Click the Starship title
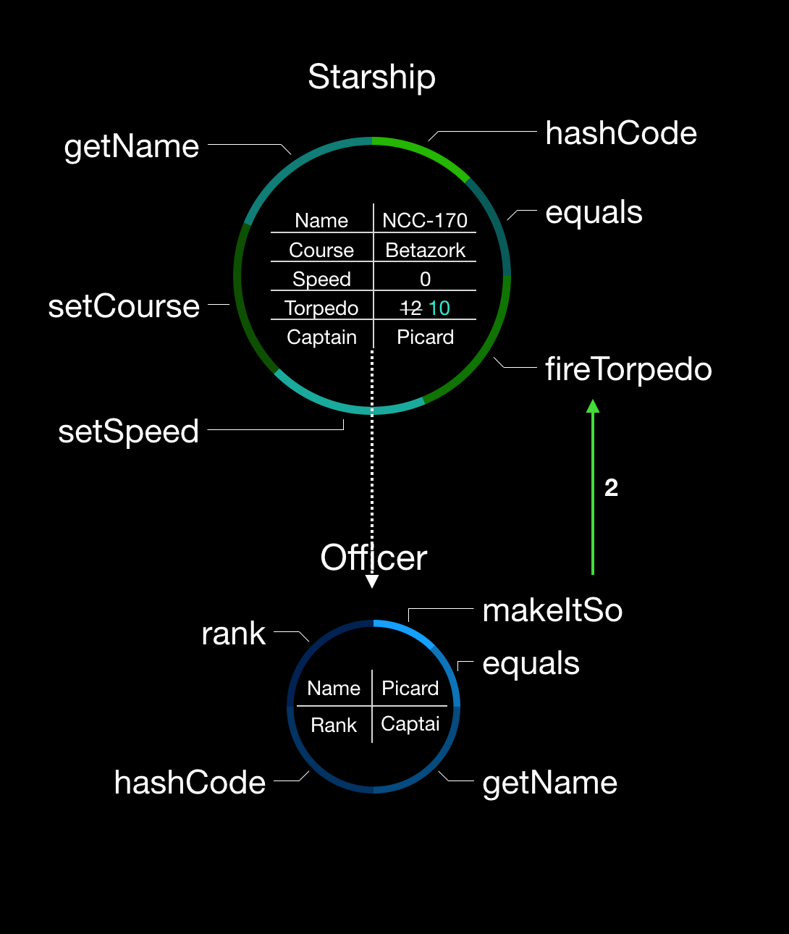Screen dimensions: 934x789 (371, 77)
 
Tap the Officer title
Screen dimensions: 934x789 (374, 558)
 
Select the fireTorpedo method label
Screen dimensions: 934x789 (628, 369)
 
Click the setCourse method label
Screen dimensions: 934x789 (124, 306)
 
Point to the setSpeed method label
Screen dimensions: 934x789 (128, 432)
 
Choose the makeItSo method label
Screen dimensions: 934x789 (552, 610)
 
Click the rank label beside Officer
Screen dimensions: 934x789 (233, 634)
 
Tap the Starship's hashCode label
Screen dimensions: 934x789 (621, 133)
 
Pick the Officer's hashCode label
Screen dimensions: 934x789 (190, 783)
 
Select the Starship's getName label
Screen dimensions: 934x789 (131, 146)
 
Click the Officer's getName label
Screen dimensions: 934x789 (549, 783)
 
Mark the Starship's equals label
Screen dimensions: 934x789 (594, 212)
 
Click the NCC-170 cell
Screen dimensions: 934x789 (425, 220)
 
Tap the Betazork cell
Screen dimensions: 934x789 (425, 250)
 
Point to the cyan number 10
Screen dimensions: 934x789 (439, 308)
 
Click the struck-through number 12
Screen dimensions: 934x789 (411, 308)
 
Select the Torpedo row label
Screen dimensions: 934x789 (321, 308)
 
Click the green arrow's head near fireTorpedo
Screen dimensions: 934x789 (593, 406)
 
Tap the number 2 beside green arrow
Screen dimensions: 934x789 (611, 488)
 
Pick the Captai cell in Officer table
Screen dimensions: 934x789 (410, 724)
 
